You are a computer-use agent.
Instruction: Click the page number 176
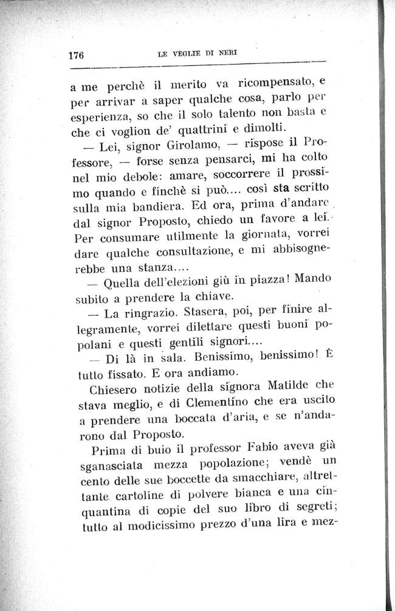(x=76, y=55)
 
